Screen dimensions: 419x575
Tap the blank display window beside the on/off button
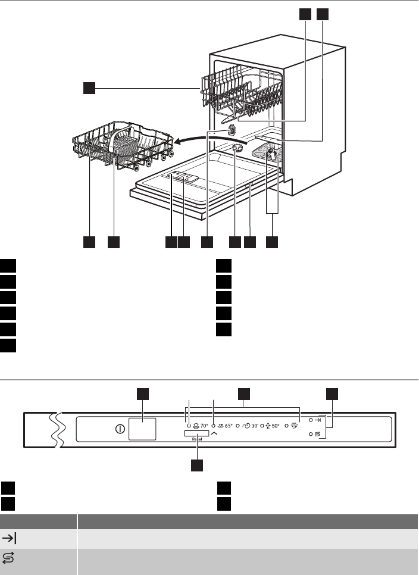pyautogui.click(x=143, y=429)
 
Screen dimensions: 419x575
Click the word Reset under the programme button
pyautogui.click(x=196, y=439)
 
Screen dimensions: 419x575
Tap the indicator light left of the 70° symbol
pyautogui.click(x=188, y=426)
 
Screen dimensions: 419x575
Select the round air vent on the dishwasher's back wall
pyautogui.click(x=231, y=130)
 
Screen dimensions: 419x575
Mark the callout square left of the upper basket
pyautogui.click(x=89, y=89)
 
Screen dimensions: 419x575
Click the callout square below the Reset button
pyautogui.click(x=197, y=464)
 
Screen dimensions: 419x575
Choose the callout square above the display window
pyautogui.click(x=143, y=393)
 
